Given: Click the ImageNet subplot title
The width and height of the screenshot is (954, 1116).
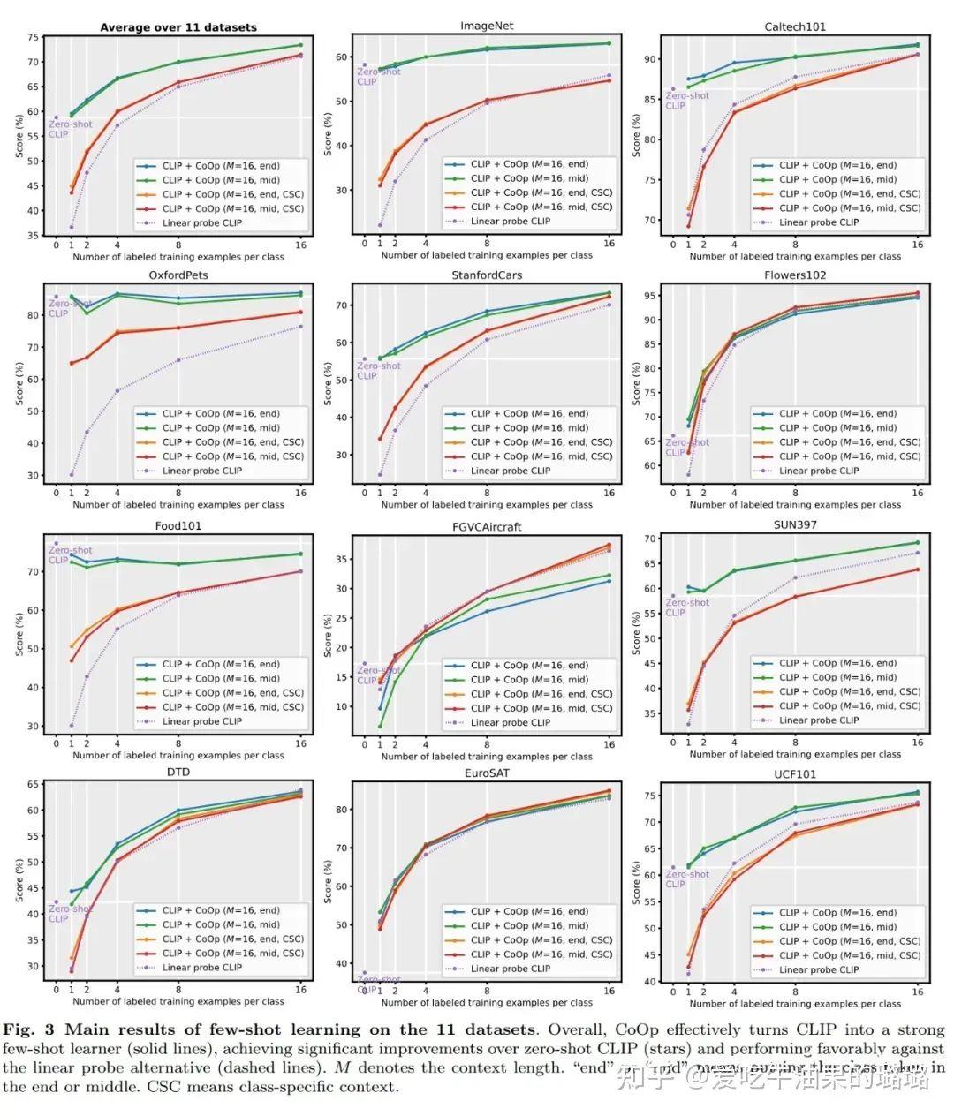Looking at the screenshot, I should pyautogui.click(x=487, y=26).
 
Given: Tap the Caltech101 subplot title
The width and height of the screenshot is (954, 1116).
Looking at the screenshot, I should pyautogui.click(x=795, y=26).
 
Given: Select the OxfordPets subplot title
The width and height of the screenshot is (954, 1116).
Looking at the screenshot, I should pyautogui.click(x=178, y=275).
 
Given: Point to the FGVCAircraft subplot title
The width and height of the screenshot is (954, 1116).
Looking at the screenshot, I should pyautogui.click(x=487, y=526).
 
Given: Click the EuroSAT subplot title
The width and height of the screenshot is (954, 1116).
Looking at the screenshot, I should pyautogui.click(x=487, y=773).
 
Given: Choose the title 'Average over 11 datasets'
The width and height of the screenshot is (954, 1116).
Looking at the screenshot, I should pyautogui.click(x=178, y=27).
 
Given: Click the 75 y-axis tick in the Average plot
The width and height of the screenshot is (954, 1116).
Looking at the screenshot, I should pyautogui.click(x=33, y=37).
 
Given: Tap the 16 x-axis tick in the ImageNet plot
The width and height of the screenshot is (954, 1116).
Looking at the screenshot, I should pyautogui.click(x=609, y=243).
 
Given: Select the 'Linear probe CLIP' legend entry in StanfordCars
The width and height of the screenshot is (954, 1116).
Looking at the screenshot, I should pyautogui.click(x=511, y=471).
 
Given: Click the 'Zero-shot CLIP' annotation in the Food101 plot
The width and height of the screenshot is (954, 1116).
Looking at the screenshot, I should pyautogui.click(x=70, y=555).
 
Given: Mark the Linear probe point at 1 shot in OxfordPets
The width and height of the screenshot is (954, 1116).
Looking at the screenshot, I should pyautogui.click(x=72, y=474).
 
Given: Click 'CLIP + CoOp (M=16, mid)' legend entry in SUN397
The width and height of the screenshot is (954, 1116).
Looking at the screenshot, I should pyautogui.click(x=837, y=677).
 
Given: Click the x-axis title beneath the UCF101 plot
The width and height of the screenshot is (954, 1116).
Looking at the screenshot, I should pyautogui.click(x=795, y=1003).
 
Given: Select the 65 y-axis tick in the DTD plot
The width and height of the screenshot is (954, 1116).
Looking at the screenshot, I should pyautogui.click(x=33, y=784).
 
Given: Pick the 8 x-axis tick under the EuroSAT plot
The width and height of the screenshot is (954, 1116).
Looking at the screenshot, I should pyautogui.click(x=487, y=992).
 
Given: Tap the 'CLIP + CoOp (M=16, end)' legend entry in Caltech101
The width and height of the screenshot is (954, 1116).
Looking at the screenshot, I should pyautogui.click(x=837, y=165).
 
